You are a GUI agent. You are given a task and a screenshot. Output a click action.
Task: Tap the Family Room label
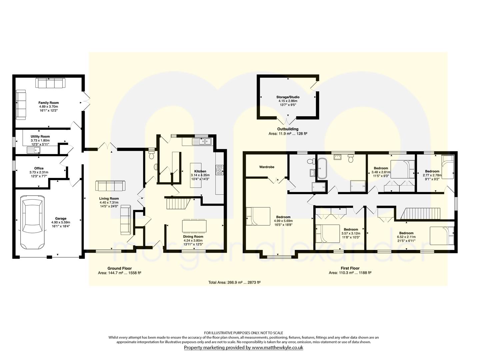(x=49, y=103)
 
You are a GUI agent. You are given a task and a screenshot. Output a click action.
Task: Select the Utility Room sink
(x=34, y=150)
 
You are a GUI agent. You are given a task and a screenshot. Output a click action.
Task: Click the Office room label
(x=39, y=168)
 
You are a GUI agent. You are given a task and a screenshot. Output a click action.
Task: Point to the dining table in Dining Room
(x=194, y=226)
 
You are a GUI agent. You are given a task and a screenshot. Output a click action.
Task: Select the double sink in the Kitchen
(x=202, y=141)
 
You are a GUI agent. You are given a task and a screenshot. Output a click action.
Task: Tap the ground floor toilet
(x=152, y=154)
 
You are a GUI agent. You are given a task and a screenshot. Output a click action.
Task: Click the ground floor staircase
(x=178, y=203)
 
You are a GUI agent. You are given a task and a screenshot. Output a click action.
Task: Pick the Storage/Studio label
(x=288, y=97)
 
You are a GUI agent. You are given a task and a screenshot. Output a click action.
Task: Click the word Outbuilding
(x=288, y=129)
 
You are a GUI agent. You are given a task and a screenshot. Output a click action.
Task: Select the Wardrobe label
(x=267, y=167)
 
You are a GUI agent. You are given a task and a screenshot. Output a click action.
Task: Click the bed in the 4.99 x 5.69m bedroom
(x=258, y=216)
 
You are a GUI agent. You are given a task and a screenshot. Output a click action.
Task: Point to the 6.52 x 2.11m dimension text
(x=406, y=237)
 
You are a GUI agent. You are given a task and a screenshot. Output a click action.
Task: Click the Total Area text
(x=234, y=282)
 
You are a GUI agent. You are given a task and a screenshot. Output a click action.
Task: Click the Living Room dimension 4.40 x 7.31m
(x=109, y=202)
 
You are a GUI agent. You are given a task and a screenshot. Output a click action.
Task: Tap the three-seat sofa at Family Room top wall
(x=50, y=83)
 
